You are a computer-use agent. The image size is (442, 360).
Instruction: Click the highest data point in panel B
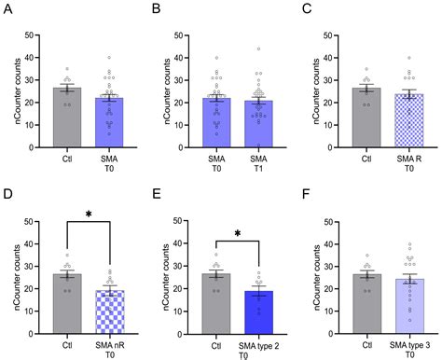pos(258,48)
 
